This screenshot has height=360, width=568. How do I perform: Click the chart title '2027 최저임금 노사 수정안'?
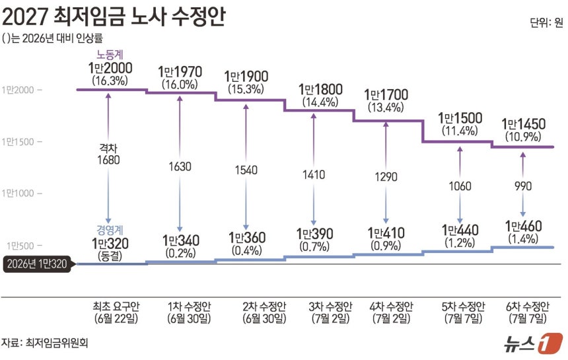(114, 17)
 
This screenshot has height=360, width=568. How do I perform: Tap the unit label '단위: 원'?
(546, 22)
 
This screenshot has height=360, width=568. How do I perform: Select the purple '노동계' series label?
(110, 54)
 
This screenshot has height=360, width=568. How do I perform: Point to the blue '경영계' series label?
(110, 230)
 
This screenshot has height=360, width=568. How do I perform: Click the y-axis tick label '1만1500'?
(18, 141)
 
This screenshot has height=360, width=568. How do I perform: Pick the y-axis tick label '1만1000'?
(18, 193)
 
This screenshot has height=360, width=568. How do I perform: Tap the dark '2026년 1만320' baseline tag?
(37, 264)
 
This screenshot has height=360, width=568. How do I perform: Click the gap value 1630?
(180, 166)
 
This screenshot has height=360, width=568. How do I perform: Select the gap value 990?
(523, 186)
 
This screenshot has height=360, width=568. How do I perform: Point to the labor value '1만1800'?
(320, 89)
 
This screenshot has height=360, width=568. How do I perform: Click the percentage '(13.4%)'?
(386, 107)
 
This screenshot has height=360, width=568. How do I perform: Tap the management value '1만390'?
(314, 234)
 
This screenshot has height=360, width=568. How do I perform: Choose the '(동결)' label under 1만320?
(110, 256)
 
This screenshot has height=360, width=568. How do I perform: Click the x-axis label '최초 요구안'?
(116, 306)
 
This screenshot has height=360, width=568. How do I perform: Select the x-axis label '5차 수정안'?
(463, 306)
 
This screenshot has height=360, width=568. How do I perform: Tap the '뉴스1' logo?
(533, 343)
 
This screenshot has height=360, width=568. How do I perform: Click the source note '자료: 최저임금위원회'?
(44, 342)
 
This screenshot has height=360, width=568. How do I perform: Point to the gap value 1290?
(386, 177)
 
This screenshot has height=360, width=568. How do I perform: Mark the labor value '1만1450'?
(523, 124)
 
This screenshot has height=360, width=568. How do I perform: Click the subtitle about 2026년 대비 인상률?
(52, 38)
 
